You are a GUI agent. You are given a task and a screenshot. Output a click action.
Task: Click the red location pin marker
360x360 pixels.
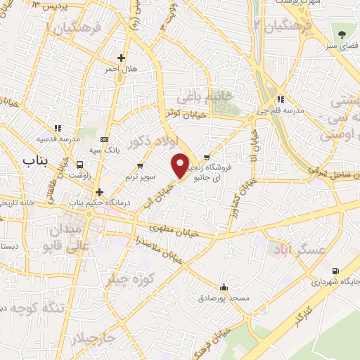tap(181, 165)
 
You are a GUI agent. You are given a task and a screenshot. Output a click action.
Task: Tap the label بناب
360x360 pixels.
tap(34, 161)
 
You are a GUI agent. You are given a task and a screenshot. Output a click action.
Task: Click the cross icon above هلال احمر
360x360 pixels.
tap(122, 58)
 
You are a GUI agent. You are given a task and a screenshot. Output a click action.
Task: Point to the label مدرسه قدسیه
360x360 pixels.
tap(58, 139)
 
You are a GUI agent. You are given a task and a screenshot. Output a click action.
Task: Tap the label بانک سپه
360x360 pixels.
tap(105, 150)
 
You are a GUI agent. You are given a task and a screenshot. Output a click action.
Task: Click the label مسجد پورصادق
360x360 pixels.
tap(224, 298)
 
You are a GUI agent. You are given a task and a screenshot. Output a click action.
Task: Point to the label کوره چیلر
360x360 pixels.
tap(130, 279)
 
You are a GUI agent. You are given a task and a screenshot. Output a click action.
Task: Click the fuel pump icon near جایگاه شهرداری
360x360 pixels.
tap(333, 271)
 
